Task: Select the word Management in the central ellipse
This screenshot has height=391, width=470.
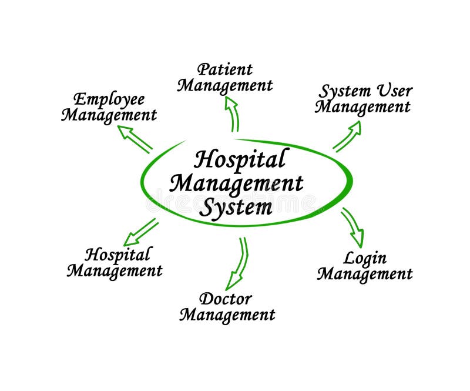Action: tap(236, 183)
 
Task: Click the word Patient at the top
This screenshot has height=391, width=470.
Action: tap(225, 69)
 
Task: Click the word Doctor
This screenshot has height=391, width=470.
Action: tap(226, 298)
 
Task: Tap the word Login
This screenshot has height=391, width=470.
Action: tap(364, 258)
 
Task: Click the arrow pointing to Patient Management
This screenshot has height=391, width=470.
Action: tap(232, 113)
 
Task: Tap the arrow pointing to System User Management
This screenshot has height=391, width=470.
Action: tap(347, 136)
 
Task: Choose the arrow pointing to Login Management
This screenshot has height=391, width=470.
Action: tap(353, 227)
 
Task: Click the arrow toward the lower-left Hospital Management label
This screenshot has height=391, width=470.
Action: tap(140, 232)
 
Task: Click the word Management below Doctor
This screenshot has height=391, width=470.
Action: tap(227, 315)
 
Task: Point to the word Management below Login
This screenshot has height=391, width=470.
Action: tap(365, 273)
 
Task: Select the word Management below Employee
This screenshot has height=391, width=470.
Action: tap(109, 115)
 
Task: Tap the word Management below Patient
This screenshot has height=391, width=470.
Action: tap(225, 86)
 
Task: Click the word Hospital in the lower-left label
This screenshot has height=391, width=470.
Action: tap(117, 255)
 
